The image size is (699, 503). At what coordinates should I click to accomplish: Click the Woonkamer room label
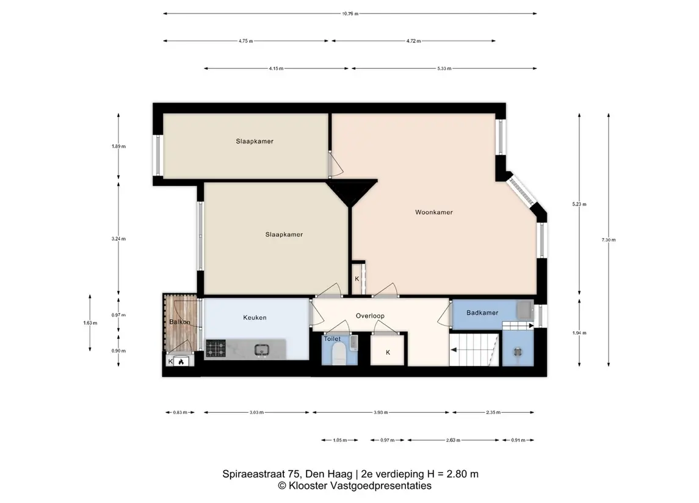click(434, 212)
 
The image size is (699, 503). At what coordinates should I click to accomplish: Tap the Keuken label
click(255, 318)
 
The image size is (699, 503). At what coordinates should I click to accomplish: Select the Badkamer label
click(482, 313)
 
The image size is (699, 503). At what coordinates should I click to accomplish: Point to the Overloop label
click(370, 316)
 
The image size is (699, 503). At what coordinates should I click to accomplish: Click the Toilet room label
click(332, 339)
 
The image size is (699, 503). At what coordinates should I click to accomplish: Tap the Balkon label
click(179, 322)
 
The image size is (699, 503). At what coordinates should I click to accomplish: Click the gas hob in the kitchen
click(215, 348)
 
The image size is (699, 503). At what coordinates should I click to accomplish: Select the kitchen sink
click(262, 351)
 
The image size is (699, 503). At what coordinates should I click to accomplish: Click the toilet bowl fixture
click(339, 353)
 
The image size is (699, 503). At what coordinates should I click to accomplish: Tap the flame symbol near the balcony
click(181, 362)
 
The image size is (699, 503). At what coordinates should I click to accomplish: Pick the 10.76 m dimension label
click(350, 14)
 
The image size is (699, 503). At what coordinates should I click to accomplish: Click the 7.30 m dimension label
click(609, 240)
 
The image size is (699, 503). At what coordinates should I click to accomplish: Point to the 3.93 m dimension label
click(381, 413)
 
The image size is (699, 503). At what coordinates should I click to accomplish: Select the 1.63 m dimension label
click(90, 323)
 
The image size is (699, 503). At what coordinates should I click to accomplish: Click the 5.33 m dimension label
click(444, 68)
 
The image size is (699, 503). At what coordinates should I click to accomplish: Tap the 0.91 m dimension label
click(518, 440)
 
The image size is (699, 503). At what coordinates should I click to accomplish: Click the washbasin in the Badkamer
click(524, 309)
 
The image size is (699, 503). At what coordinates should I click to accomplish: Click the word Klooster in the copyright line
click(308, 486)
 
